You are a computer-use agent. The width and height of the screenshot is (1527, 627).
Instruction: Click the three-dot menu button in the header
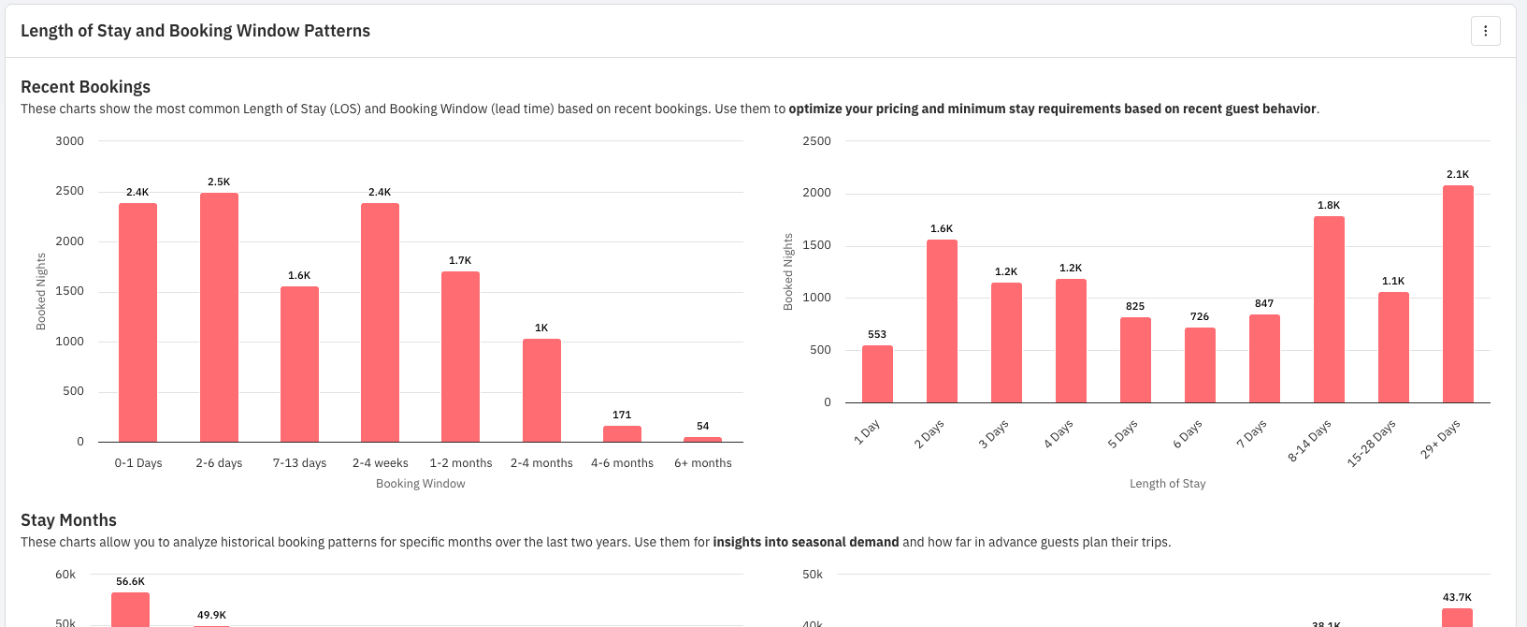(x=1485, y=31)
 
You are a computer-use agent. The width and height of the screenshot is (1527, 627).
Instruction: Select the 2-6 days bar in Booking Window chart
(x=219, y=317)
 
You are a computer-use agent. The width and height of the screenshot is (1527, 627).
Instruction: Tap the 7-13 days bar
(x=299, y=364)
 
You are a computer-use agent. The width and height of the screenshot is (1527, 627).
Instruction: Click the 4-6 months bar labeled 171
(x=622, y=433)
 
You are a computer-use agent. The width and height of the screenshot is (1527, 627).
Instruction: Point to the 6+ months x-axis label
(x=703, y=463)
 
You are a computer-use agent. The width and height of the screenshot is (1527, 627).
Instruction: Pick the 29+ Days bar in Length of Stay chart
(x=1458, y=294)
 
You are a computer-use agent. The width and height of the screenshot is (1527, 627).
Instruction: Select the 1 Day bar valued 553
(x=877, y=374)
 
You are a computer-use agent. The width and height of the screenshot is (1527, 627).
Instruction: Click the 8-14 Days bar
(x=1329, y=310)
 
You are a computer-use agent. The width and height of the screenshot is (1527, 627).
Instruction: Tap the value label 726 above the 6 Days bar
(x=1200, y=316)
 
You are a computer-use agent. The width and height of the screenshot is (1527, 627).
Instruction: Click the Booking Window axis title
(x=421, y=484)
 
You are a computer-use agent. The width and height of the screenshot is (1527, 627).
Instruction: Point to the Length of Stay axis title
(x=1167, y=484)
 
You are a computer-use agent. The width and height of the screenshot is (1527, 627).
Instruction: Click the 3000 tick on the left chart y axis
(x=70, y=141)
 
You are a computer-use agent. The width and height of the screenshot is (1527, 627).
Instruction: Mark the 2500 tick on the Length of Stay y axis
(x=816, y=141)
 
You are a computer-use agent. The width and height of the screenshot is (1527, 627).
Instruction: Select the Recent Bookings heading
(x=85, y=87)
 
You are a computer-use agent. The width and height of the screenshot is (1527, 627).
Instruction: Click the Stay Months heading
(x=68, y=520)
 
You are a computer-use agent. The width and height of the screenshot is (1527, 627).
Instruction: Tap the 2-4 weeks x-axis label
(x=380, y=463)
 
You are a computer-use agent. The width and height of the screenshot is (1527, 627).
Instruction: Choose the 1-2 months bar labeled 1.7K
(x=460, y=357)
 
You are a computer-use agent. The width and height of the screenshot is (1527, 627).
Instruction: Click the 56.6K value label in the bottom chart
(x=130, y=581)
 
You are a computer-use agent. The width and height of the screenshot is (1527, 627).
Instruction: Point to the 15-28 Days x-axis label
(x=1372, y=443)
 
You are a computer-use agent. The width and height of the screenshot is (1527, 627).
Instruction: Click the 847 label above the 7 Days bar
(x=1264, y=303)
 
